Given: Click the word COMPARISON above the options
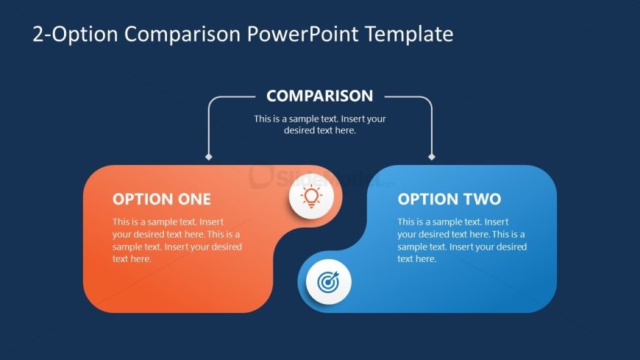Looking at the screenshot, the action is tap(319, 96).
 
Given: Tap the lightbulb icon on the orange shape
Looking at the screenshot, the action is tap(311, 196).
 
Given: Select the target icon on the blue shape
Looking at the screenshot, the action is tap(328, 282).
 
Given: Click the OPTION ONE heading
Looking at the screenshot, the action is tap(162, 199).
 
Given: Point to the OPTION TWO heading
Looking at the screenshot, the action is tap(449, 199).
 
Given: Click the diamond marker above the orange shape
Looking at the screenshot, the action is tap(209, 157).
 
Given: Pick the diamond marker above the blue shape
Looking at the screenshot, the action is tap(431, 157).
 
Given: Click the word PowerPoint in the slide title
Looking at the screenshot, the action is tap(302, 34).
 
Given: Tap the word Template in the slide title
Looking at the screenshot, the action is tap(408, 34).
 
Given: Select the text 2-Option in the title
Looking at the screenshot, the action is tap(75, 35).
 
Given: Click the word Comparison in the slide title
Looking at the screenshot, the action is tap(182, 35).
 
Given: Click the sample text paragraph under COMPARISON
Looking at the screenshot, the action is tap(320, 124).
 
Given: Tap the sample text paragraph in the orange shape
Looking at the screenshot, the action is tap(177, 240).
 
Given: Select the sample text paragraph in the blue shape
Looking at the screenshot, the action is tap(462, 240).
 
